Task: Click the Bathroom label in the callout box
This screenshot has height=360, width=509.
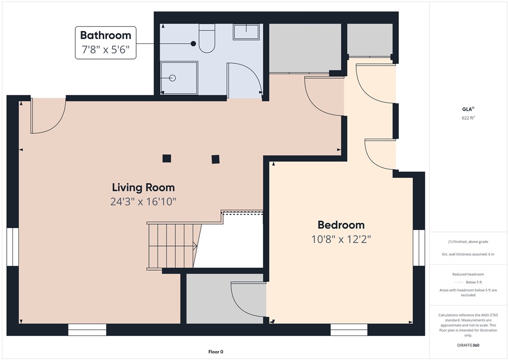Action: click(105, 35)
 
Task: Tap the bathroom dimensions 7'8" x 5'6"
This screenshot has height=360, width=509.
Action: click(105, 50)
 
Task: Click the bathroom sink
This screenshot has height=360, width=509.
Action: click(246, 32)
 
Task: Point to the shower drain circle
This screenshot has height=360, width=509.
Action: click(172, 78)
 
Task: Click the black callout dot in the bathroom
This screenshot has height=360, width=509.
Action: click(193, 43)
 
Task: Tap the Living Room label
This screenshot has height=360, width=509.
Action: click(143, 187)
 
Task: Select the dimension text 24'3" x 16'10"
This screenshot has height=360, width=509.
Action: click(143, 202)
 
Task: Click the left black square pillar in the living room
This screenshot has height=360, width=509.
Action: click(167, 158)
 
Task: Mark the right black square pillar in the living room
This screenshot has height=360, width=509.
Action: click(215, 158)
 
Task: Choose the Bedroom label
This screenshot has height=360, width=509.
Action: click(341, 225)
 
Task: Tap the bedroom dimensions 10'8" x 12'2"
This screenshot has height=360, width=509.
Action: click(341, 239)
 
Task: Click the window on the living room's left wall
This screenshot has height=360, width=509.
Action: click(13, 248)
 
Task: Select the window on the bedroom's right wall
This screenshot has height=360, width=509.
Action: click(419, 248)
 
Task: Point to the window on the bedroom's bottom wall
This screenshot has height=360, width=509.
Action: click(349, 330)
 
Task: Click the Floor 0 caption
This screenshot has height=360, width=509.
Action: click(215, 352)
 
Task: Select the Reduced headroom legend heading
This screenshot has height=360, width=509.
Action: click(468, 274)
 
